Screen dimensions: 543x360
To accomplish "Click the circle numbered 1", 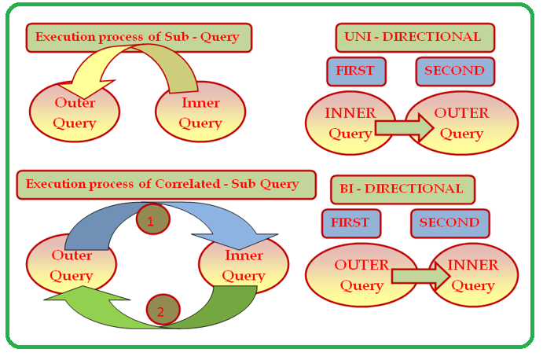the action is click(x=153, y=219).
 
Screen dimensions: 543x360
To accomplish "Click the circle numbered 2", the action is click(x=163, y=310).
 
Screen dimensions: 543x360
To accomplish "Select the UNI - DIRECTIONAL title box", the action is click(x=415, y=38).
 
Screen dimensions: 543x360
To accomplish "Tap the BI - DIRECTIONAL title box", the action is click(x=403, y=189).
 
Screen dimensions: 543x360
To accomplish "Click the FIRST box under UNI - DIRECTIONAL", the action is click(x=356, y=72).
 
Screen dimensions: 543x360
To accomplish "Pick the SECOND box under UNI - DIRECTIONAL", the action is click(x=456, y=72).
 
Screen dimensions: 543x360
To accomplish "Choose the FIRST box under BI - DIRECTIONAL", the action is click(x=351, y=223).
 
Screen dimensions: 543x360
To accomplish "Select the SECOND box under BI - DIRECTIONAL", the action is click(x=450, y=223).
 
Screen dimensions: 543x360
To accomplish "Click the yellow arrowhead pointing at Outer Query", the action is click(x=86, y=89).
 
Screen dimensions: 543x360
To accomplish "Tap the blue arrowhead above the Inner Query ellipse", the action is click(x=238, y=241).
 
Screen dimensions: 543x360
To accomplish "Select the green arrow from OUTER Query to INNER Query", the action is click(x=420, y=276).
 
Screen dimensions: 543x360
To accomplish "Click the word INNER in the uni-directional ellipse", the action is click(x=350, y=113).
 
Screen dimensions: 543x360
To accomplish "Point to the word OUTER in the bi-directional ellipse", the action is click(x=361, y=265).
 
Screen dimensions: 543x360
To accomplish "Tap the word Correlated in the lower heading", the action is click(x=187, y=184).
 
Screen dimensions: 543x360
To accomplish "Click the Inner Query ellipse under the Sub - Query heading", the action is click(x=200, y=112).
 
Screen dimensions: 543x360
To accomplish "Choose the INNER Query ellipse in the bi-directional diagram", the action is click(x=473, y=275).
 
